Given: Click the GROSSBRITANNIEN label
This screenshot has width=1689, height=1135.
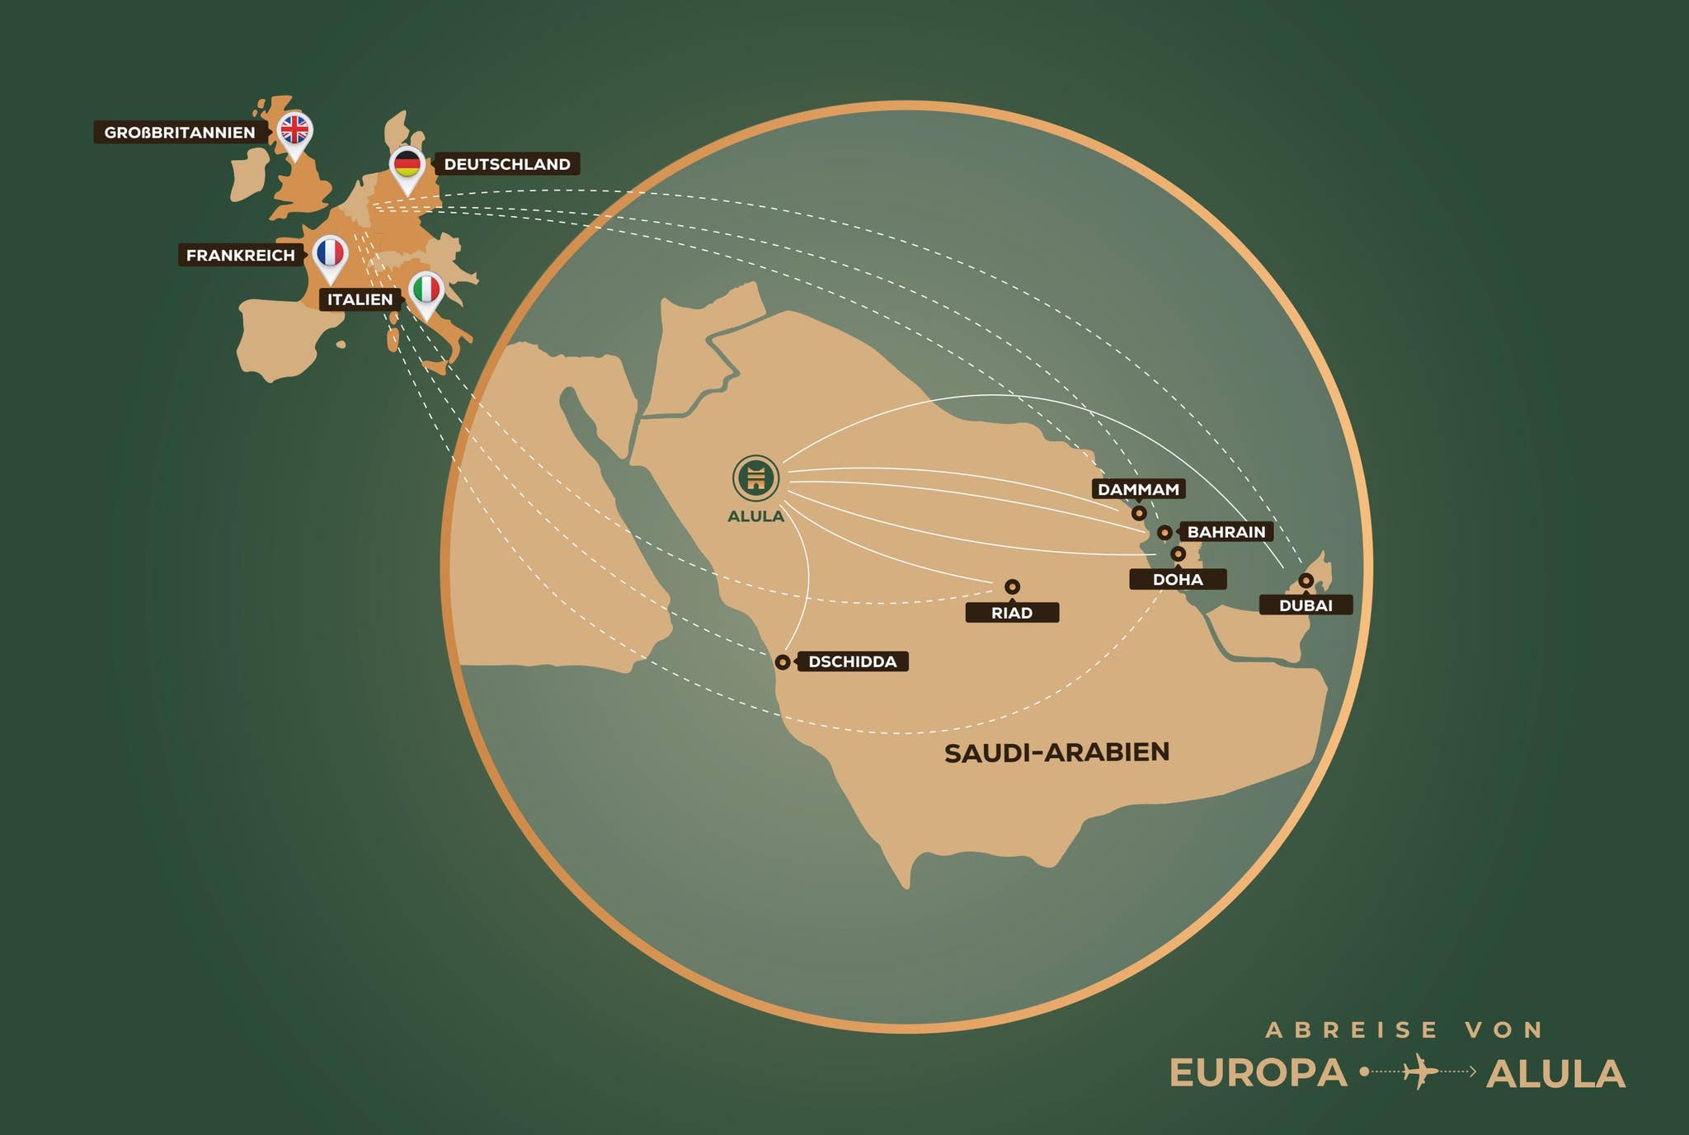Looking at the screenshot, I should [x=179, y=133].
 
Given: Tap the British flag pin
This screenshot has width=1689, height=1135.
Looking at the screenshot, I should [x=294, y=130].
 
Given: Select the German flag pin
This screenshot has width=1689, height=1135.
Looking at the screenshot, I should [x=407, y=164].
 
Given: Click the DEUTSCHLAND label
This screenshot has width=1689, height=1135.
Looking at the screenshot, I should [x=506, y=164].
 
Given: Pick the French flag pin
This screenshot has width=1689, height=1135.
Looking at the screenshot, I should [x=330, y=252].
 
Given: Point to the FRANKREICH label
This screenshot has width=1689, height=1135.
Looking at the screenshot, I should [x=240, y=256].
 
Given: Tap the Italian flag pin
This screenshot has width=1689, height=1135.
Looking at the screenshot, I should [x=426, y=290].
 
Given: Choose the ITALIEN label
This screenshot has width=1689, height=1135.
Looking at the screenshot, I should [x=360, y=299].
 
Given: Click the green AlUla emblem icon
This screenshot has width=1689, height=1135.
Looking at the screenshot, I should [x=755, y=478].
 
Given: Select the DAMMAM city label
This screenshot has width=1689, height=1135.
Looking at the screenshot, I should [x=1138, y=489].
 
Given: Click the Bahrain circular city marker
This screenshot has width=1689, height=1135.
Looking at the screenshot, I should [x=1164, y=533].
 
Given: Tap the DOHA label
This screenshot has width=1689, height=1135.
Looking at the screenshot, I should [x=1178, y=580].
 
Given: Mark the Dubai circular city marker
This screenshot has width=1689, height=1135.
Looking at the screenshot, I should [x=1306, y=581].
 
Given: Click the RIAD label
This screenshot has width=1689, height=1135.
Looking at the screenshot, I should [x=1012, y=613].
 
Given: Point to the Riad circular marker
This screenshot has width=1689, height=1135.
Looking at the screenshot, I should [x=1013, y=586].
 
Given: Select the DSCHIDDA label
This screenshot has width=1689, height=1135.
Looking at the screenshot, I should [x=852, y=662].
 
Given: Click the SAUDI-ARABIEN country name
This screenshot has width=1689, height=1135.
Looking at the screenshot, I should [x=1056, y=752].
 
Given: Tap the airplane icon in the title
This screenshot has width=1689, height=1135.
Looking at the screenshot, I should [x=1419, y=1071].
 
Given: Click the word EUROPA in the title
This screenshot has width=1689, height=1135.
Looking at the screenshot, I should [x=1258, y=1073].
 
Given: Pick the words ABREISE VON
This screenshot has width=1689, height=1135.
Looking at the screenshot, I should [x=1404, y=1030].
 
